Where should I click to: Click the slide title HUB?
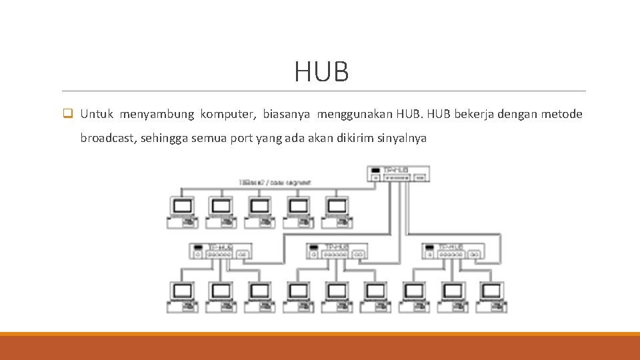point(321,72)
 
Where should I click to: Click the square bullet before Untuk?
point(67,114)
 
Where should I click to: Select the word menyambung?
point(157,114)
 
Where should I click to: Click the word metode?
point(561,114)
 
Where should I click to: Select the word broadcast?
point(107,139)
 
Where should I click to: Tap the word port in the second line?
point(237,139)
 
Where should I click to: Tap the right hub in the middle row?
point(452,251)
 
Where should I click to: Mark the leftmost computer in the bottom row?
point(182,297)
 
